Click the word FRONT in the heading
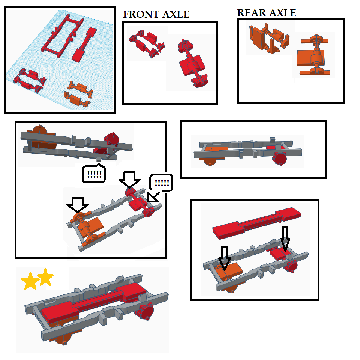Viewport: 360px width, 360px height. (141, 15)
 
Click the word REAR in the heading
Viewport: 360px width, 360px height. (252, 13)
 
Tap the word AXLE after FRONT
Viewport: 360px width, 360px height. (176, 15)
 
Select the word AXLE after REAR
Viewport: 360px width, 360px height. (283, 13)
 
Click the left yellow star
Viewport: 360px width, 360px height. (30, 281)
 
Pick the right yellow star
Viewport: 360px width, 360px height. (45, 277)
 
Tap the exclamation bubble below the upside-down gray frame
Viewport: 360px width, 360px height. (94, 174)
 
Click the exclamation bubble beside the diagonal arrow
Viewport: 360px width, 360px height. (161, 183)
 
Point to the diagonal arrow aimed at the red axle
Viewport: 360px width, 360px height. (153, 198)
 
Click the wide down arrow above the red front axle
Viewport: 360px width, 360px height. (129, 179)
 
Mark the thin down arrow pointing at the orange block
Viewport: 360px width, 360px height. (225, 258)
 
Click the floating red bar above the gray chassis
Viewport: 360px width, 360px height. (256, 223)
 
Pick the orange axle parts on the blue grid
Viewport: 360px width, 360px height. (78, 94)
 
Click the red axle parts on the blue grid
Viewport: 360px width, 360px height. (30, 80)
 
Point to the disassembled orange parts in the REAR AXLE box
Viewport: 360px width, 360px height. (269, 38)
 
